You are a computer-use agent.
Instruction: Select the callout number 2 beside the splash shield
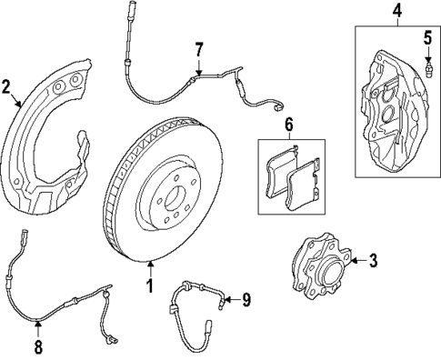[7, 87]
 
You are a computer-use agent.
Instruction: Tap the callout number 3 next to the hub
[373, 262]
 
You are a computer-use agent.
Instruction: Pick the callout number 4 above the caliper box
[396, 11]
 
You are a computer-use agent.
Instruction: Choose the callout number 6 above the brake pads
[288, 125]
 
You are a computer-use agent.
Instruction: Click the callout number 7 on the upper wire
[198, 49]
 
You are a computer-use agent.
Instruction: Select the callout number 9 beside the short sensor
[245, 298]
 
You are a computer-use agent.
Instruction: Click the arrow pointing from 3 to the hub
[356, 262]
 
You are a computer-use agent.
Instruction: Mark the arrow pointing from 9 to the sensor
[229, 298]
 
